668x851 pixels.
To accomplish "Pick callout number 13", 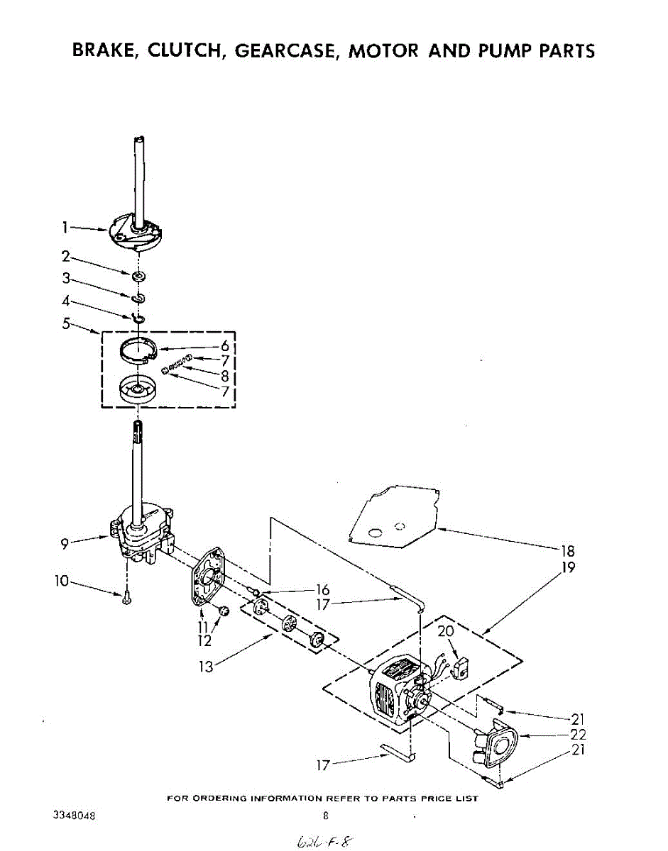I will click(206, 667).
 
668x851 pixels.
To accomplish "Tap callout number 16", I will click(323, 590).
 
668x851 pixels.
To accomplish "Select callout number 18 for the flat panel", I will click(567, 551).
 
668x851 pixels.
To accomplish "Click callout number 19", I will click(567, 567).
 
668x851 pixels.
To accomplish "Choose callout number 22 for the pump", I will click(578, 735).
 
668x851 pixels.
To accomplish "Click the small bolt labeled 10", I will click(126, 598).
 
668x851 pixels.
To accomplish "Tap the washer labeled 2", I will click(138, 274).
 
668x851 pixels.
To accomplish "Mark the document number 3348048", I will click(75, 816).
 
